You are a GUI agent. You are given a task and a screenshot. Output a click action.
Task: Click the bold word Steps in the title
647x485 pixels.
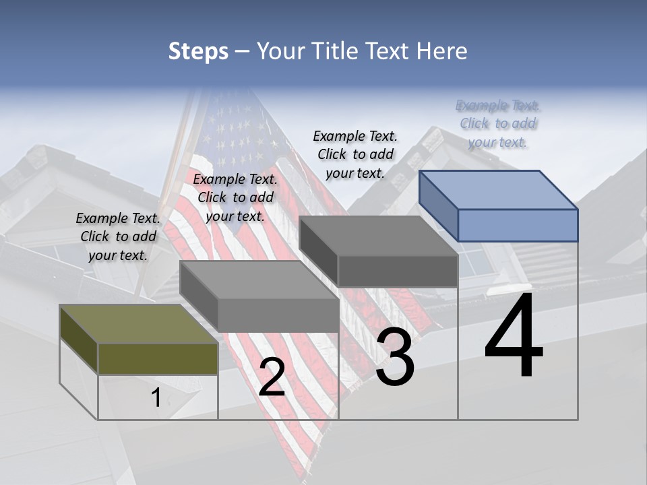[x=198, y=51]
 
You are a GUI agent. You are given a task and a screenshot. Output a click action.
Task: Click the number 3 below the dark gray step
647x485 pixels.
[x=394, y=357]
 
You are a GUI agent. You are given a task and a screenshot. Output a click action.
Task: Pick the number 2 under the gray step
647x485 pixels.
[x=272, y=377]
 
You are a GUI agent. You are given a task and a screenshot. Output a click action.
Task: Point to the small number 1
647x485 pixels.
[x=156, y=398]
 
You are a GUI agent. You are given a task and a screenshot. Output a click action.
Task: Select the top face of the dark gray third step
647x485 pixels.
[x=377, y=236]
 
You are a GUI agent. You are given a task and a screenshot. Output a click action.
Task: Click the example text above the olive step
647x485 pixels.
[x=118, y=236]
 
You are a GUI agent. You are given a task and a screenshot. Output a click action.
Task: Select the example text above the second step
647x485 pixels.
[x=235, y=197]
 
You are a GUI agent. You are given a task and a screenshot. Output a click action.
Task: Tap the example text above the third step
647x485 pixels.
[x=355, y=154]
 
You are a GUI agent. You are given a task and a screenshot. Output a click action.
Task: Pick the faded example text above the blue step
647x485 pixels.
[x=498, y=123]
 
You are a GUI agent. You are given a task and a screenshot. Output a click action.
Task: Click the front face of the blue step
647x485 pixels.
[x=518, y=225]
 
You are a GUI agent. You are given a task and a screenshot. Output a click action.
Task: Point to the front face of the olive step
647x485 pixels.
[x=158, y=358]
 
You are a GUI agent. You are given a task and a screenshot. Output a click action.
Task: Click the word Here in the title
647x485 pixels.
[x=442, y=51]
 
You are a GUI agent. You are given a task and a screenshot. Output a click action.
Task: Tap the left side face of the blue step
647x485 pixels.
[x=438, y=205]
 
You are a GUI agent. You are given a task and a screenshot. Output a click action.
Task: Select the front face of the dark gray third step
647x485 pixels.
[x=398, y=271]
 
